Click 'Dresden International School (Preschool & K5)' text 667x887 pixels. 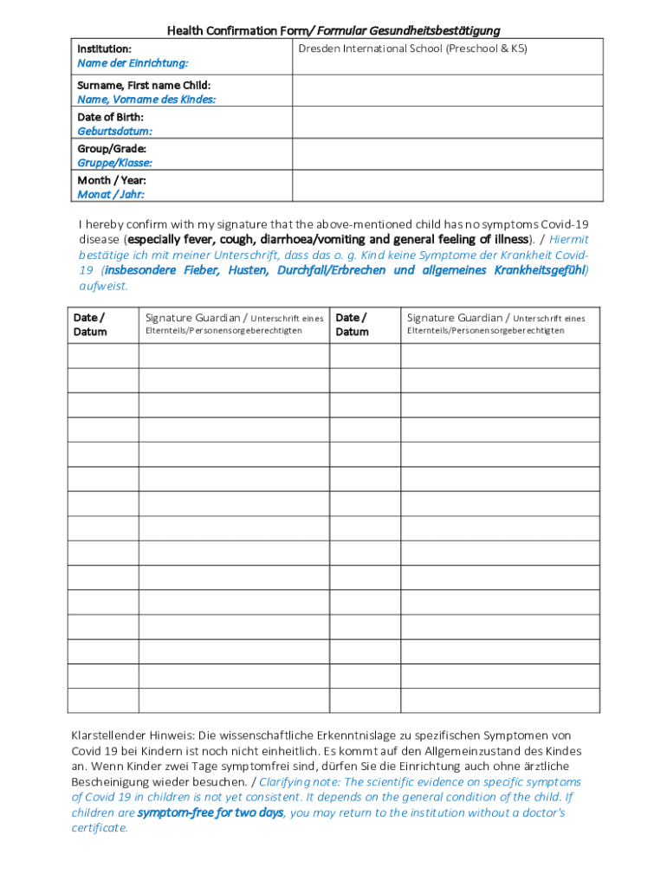point(412,49)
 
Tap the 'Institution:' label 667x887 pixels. point(105,49)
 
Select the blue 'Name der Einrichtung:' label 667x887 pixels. point(133,63)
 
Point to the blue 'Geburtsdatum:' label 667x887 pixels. point(115,132)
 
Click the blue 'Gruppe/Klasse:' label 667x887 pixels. point(115,163)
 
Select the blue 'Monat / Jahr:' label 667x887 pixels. point(111,195)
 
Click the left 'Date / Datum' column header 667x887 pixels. point(90,325)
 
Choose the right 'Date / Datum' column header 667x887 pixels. point(352,325)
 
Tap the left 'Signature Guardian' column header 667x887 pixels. point(197,318)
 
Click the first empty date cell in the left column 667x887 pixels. point(103,356)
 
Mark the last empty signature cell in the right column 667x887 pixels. point(500,700)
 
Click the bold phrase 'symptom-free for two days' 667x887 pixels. point(210,813)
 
